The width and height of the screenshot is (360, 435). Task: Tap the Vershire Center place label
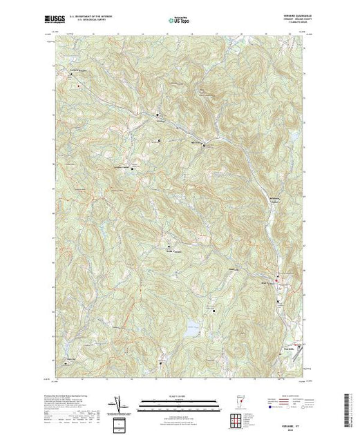(122, 166)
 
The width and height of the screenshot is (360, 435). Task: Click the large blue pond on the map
(193, 325)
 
